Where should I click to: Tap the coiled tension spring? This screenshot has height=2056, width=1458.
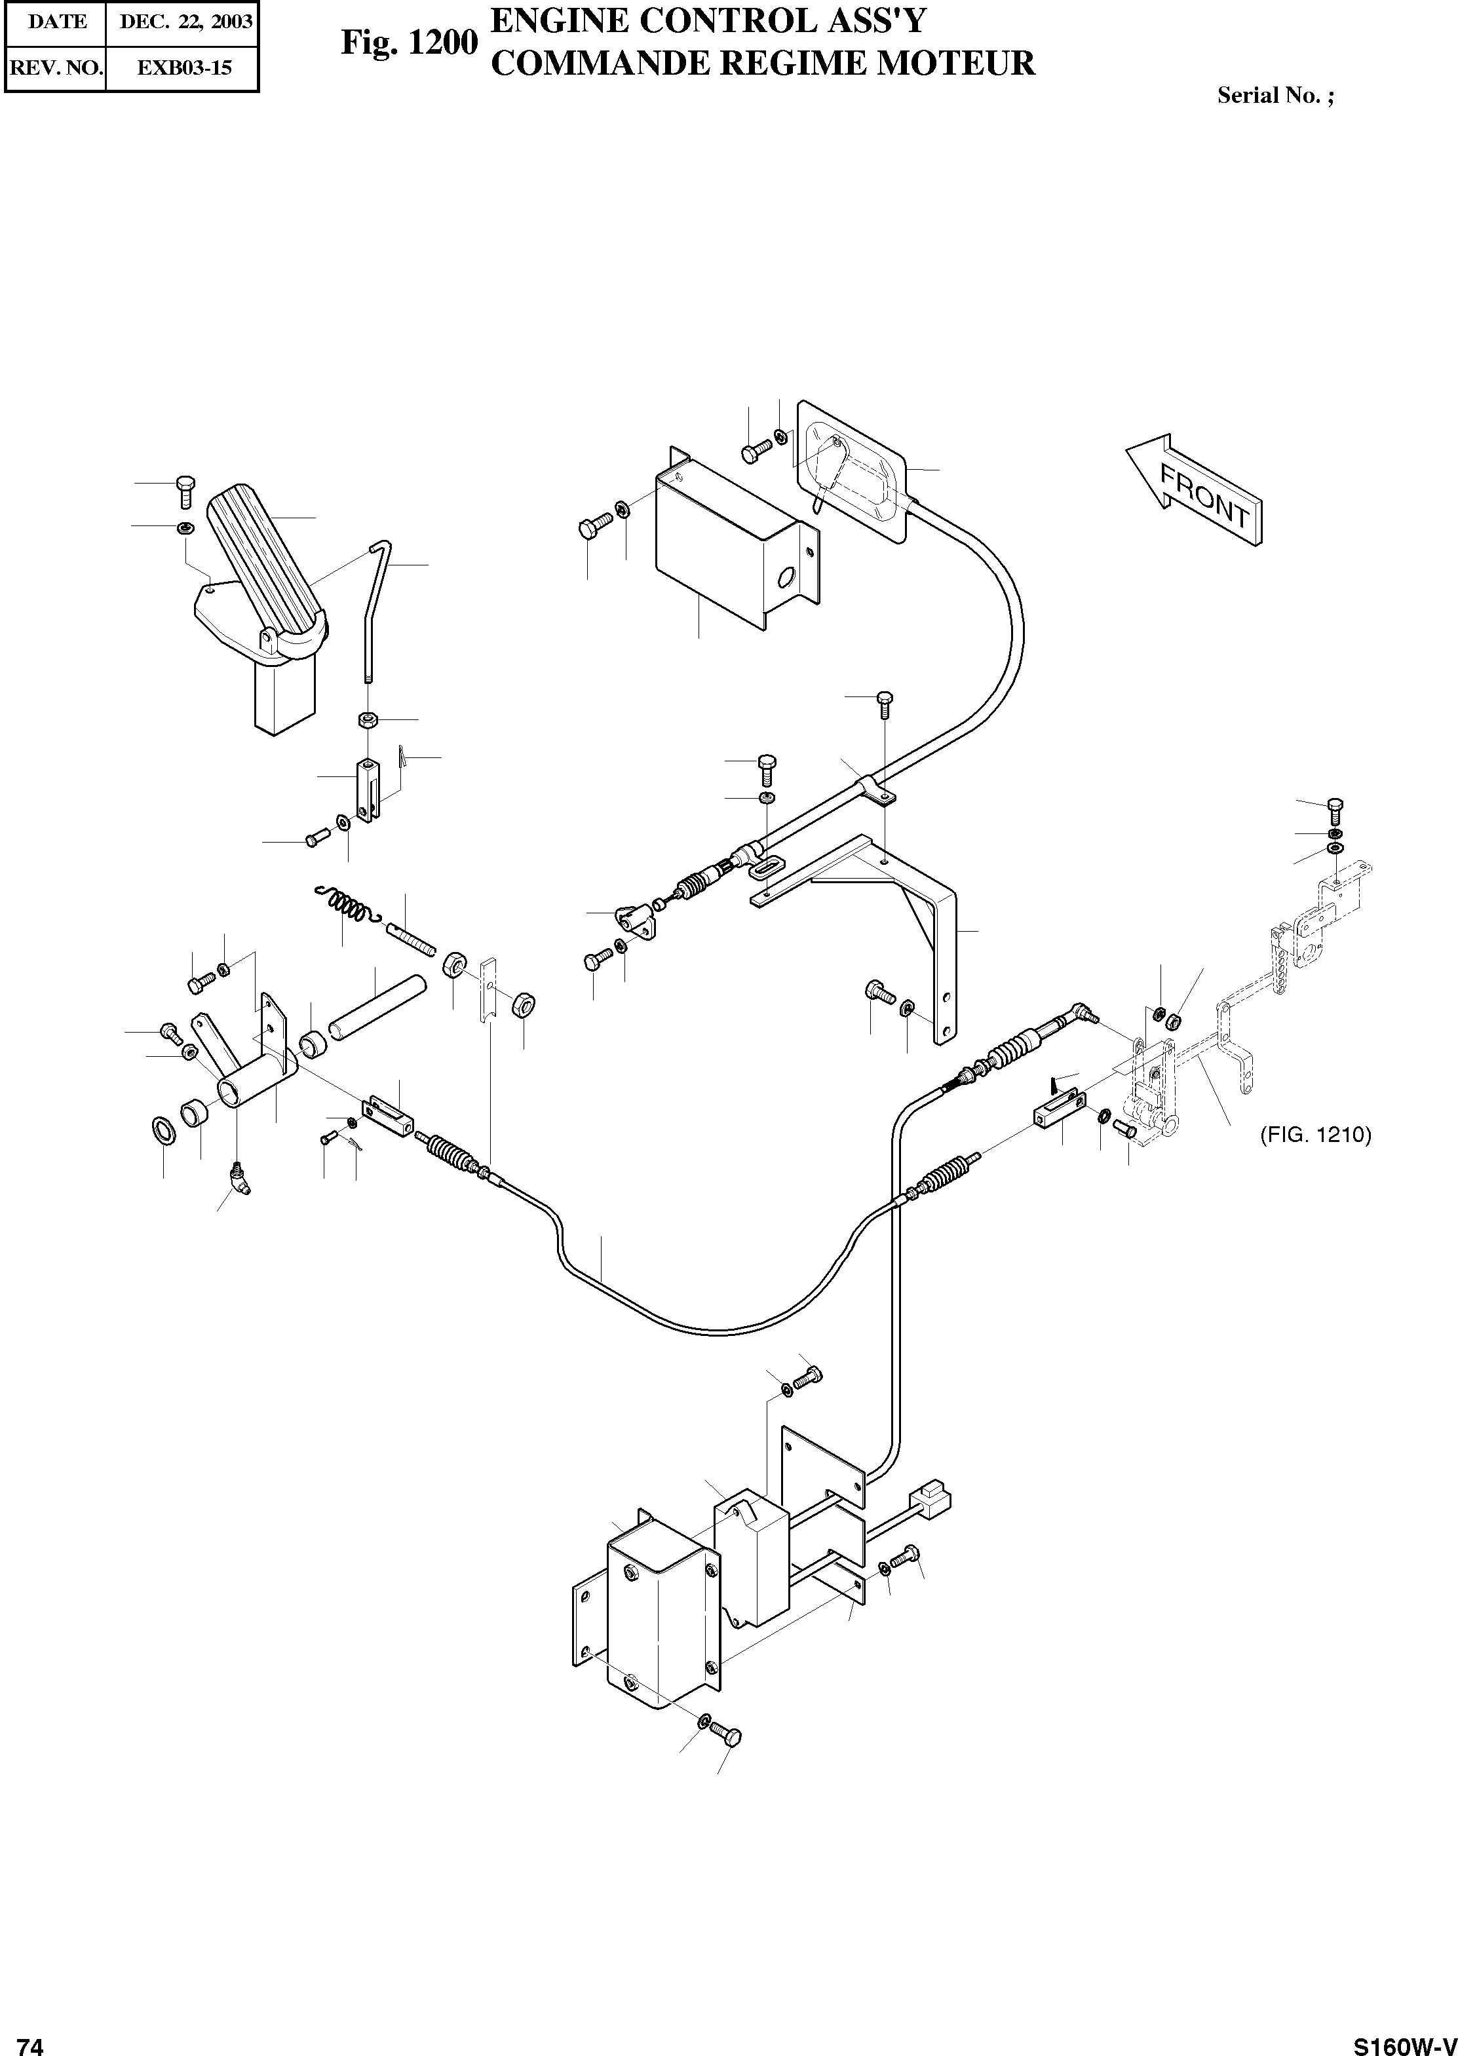[x=345, y=906]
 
